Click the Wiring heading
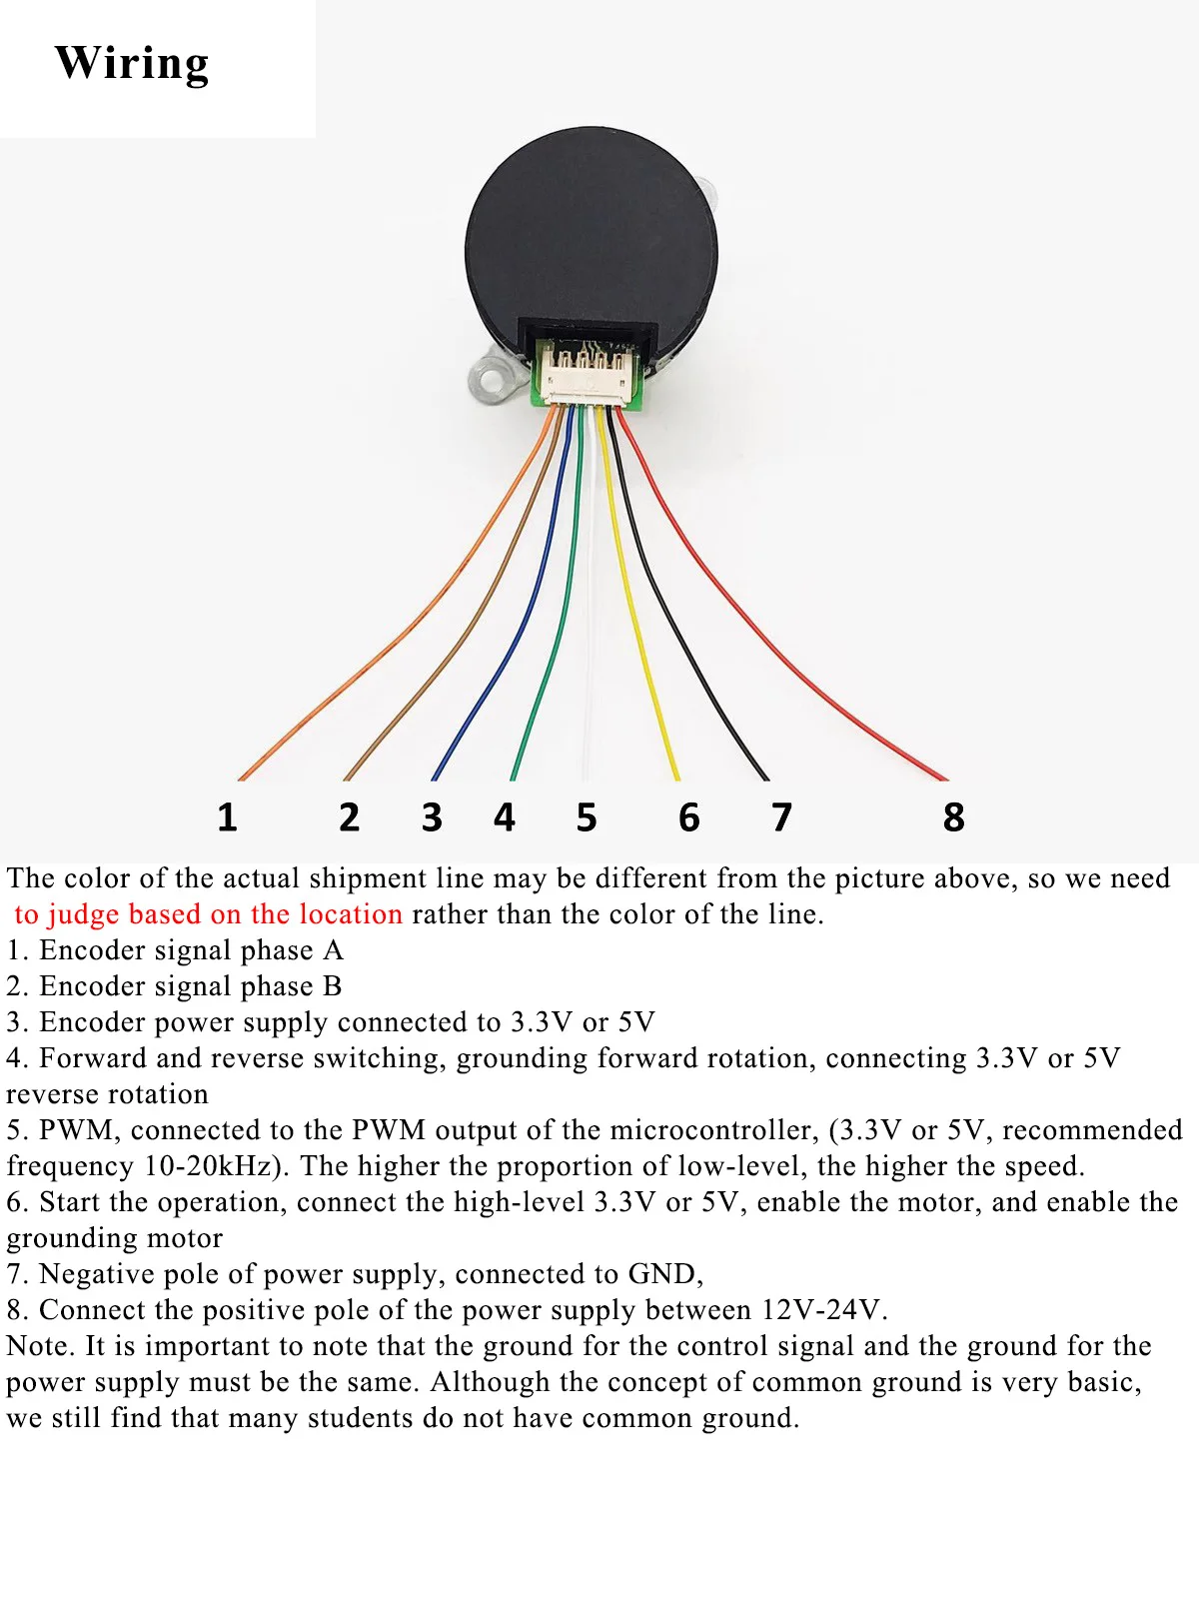(x=132, y=64)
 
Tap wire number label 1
(x=227, y=817)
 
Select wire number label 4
(x=504, y=817)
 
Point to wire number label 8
(x=953, y=817)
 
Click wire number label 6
(x=688, y=817)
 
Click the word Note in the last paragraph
(x=38, y=1346)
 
